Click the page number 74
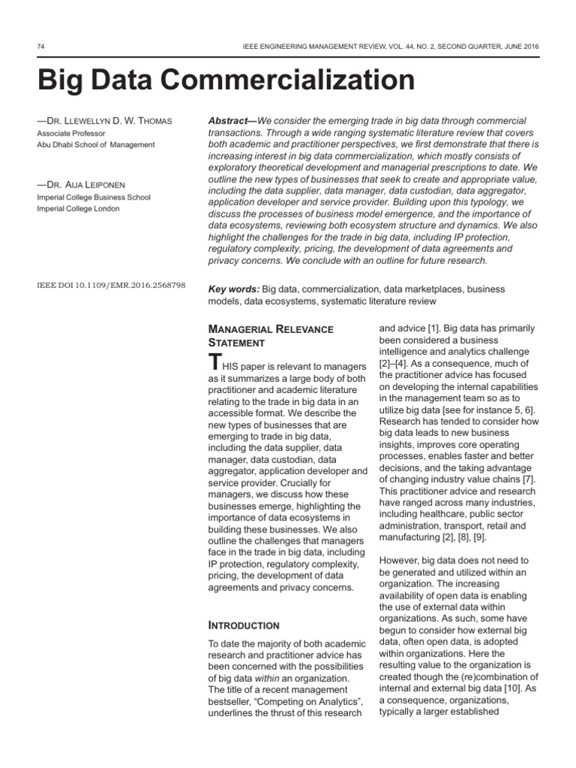[x=40, y=46]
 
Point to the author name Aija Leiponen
[x=87, y=185]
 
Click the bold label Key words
[x=233, y=289]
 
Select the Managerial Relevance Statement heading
[x=270, y=335]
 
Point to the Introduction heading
[x=243, y=625]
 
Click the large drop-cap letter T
[x=215, y=361]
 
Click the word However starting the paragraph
[x=403, y=560]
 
